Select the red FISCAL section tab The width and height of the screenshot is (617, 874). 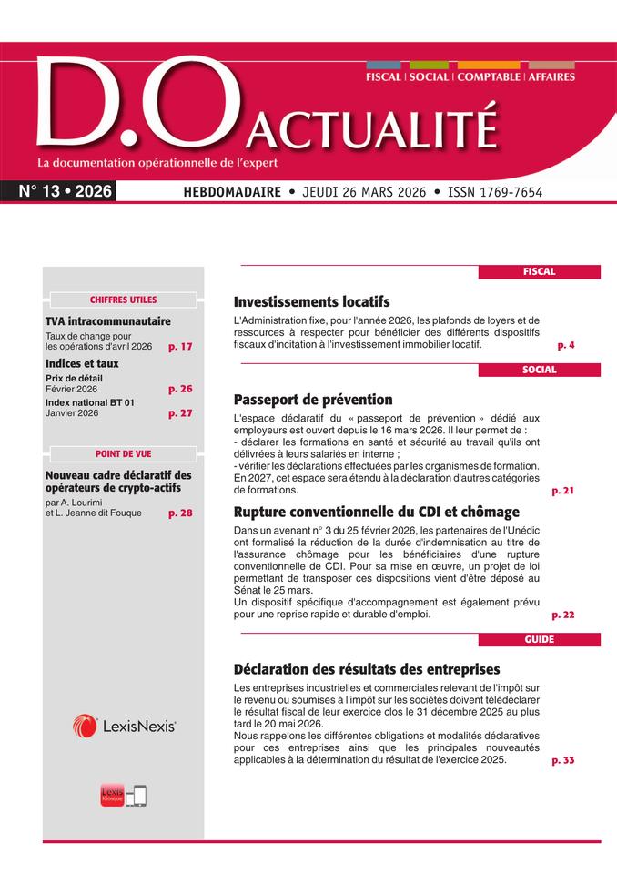[x=539, y=271]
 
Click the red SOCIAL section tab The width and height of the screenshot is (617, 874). [x=539, y=370]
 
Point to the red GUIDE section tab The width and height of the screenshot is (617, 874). [x=539, y=639]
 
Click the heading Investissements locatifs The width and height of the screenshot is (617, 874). [x=311, y=301]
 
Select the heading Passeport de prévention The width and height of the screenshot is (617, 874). [x=313, y=400]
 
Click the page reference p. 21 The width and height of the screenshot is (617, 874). [x=562, y=491]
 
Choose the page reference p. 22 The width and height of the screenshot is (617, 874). [x=562, y=615]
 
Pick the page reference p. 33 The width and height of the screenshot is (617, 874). [x=562, y=760]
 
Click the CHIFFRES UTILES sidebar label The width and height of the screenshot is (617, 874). [x=123, y=300]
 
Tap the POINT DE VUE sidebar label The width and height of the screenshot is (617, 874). [x=123, y=453]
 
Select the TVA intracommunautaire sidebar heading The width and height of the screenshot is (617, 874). [x=107, y=321]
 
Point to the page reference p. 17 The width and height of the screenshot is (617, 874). [x=180, y=347]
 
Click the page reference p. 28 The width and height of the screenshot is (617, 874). [x=180, y=513]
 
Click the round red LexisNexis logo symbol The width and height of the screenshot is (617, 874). [x=85, y=726]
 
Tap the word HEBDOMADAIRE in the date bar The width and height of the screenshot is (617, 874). [x=230, y=192]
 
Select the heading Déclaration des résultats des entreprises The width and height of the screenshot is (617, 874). [x=367, y=668]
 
